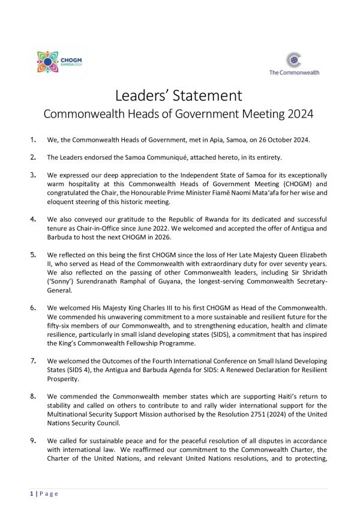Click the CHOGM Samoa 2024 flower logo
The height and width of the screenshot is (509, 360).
(49, 62)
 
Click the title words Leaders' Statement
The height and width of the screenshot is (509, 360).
(178, 95)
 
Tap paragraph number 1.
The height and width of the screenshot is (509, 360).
(33, 140)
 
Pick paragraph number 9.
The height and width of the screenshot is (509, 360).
(33, 441)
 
